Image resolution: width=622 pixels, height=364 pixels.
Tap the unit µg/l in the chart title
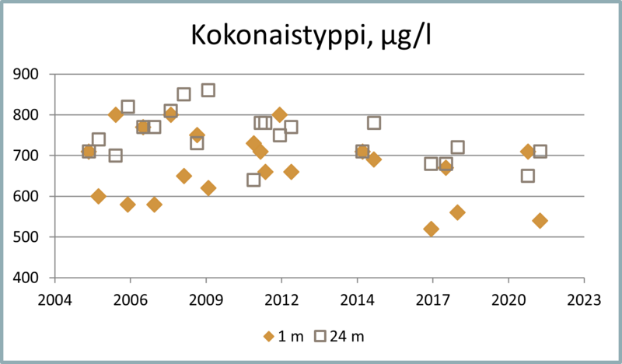pyautogui.click(x=396, y=37)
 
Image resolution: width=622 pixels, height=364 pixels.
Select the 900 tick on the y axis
pyautogui.click(x=33, y=75)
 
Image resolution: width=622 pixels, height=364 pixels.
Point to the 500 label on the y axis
pyautogui.click(x=33, y=237)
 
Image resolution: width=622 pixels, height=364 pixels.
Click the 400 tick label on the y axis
pyautogui.click(x=33, y=278)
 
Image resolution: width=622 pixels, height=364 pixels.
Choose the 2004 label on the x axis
pyautogui.click(x=54, y=299)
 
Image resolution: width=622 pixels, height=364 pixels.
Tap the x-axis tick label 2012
pyautogui.click(x=281, y=299)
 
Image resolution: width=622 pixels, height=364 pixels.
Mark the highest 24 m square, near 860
pyautogui.click(x=208, y=90)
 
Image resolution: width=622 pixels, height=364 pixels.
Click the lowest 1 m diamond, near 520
pyautogui.click(x=432, y=229)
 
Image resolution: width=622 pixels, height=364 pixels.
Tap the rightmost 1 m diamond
pyautogui.click(x=540, y=220)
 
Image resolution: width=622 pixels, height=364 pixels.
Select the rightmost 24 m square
pyautogui.click(x=540, y=152)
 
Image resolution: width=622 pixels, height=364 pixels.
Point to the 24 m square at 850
pyautogui.click(x=183, y=94)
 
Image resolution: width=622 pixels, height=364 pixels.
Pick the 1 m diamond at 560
pyautogui.click(x=457, y=212)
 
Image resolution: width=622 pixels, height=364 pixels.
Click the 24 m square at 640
pyautogui.click(x=253, y=180)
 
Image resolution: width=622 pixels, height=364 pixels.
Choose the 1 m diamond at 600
pyautogui.click(x=98, y=196)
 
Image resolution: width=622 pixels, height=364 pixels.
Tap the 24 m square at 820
pyautogui.click(x=128, y=107)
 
